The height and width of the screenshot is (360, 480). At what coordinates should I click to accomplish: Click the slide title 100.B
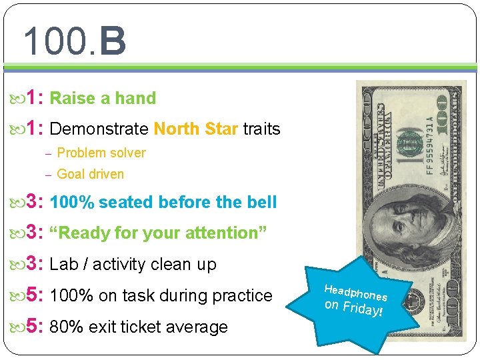pyautogui.click(x=74, y=41)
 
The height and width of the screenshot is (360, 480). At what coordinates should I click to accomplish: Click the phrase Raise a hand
pyautogui.click(x=103, y=99)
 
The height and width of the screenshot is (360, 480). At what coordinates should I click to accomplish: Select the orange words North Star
pyautogui.click(x=195, y=129)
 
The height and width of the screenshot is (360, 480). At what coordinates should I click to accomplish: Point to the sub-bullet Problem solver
pyautogui.click(x=101, y=153)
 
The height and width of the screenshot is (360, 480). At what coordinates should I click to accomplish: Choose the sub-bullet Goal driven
pyautogui.click(x=90, y=174)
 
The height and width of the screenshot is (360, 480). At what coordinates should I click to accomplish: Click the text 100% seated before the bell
pyautogui.click(x=163, y=202)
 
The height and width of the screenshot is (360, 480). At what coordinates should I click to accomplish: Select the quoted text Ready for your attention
pyautogui.click(x=159, y=233)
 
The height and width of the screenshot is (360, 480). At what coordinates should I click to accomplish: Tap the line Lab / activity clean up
pyautogui.click(x=133, y=265)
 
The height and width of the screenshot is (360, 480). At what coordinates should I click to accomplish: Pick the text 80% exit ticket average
pyautogui.click(x=139, y=327)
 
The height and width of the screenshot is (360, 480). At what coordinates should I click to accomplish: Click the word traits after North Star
pyautogui.click(x=261, y=129)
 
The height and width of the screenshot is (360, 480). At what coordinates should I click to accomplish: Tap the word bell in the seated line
pyautogui.click(x=261, y=202)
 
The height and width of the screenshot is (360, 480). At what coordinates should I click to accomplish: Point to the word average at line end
pyautogui.click(x=199, y=327)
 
